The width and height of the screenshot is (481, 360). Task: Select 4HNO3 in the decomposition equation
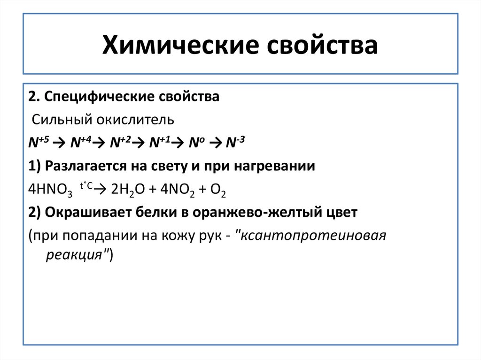49,189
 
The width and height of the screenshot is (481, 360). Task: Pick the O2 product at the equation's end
219,189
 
